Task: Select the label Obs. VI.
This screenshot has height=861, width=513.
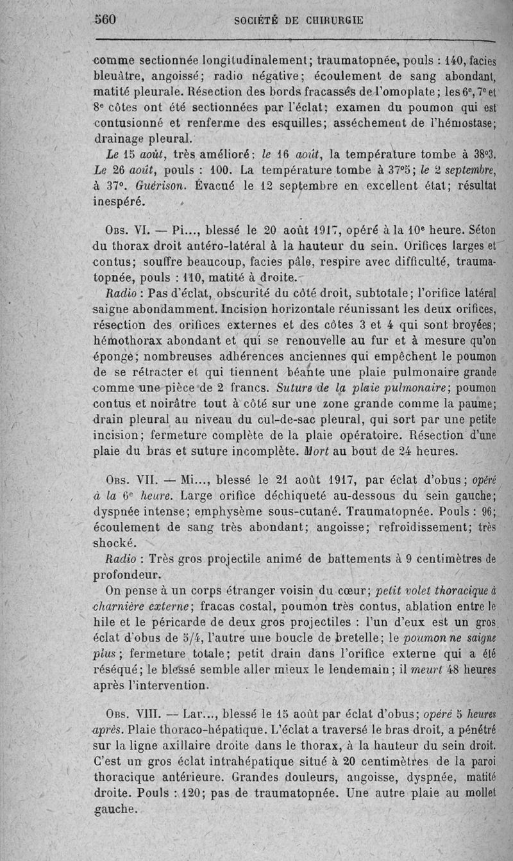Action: pos(126,230)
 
